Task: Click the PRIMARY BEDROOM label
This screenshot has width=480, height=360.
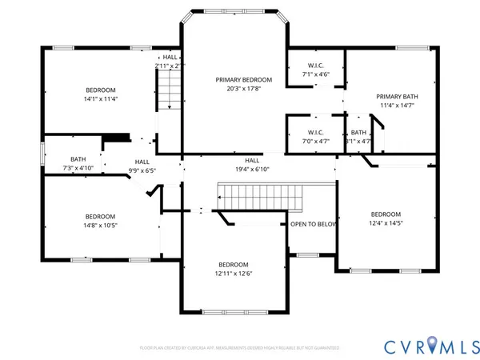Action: point(243,80)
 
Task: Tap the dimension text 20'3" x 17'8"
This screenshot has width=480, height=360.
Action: point(243,90)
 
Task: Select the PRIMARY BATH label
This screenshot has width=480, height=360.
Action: point(398,97)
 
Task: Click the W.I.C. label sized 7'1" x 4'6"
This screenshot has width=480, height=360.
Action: point(315,65)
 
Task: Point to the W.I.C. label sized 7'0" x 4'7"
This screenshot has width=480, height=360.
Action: point(315,132)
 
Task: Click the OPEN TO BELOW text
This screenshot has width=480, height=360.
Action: point(313,225)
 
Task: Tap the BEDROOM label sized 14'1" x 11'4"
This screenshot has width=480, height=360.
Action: point(101,90)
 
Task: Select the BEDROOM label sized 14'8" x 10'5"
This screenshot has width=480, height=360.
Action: point(101,216)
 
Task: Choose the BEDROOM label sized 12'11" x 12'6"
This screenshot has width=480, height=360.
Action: point(234,264)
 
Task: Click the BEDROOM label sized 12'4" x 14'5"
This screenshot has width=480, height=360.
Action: point(386,214)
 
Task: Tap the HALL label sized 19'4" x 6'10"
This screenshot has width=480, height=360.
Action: point(252,160)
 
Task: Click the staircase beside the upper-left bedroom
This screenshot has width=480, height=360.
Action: point(169,90)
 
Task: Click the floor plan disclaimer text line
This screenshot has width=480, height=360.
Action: point(240,348)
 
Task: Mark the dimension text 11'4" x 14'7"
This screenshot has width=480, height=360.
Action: point(398,106)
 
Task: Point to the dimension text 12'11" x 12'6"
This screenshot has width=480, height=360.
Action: point(234,274)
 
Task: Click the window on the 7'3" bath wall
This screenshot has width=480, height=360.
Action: point(43,154)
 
